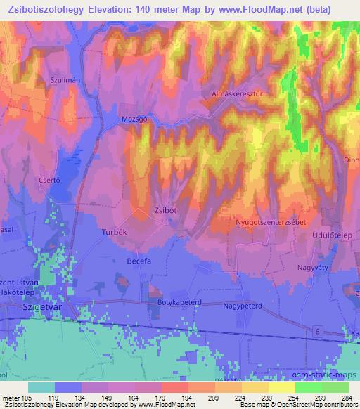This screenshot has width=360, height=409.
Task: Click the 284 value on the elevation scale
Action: click(x=346, y=397)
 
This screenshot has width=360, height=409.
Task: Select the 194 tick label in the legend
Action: click(x=187, y=397)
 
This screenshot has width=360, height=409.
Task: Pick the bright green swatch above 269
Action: click(x=309, y=387)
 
